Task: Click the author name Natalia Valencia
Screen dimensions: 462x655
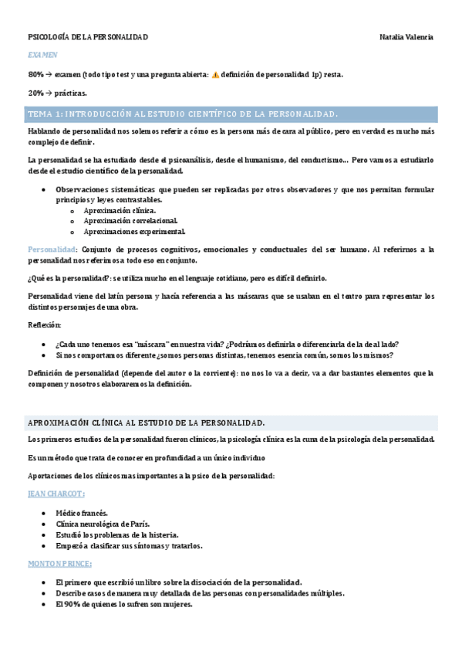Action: (406, 37)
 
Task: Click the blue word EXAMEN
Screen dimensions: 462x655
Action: (42, 56)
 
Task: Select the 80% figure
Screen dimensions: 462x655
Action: (35, 75)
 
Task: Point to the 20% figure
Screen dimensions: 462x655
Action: (35, 93)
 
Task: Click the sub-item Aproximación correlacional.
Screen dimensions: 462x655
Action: (130, 220)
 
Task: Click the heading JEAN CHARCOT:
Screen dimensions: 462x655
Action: (56, 494)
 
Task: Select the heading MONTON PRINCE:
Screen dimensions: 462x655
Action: (60, 564)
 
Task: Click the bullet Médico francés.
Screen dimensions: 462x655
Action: (82, 513)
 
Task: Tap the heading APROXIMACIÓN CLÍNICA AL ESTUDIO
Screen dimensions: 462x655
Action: (147, 423)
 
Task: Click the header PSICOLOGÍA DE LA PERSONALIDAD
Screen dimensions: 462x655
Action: (88, 37)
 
